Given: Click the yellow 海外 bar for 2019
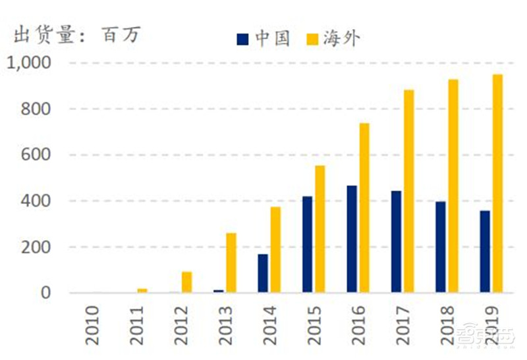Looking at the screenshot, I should click(497, 184).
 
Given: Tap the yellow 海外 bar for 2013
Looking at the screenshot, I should click(231, 263).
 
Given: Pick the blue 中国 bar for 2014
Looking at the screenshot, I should click(263, 273).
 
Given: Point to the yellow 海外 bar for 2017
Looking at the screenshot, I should click(408, 191).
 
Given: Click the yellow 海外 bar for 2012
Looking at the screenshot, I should click(187, 282).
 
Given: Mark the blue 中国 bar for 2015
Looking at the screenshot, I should click(308, 244).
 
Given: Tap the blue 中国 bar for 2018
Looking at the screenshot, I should click(441, 247).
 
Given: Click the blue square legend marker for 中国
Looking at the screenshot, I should click(243, 39).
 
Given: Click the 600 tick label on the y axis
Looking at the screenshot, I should click(37, 155).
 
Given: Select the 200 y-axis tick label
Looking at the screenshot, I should click(37, 247).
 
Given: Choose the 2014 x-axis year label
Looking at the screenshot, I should click(270, 325).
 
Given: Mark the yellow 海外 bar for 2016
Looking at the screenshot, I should click(364, 208).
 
